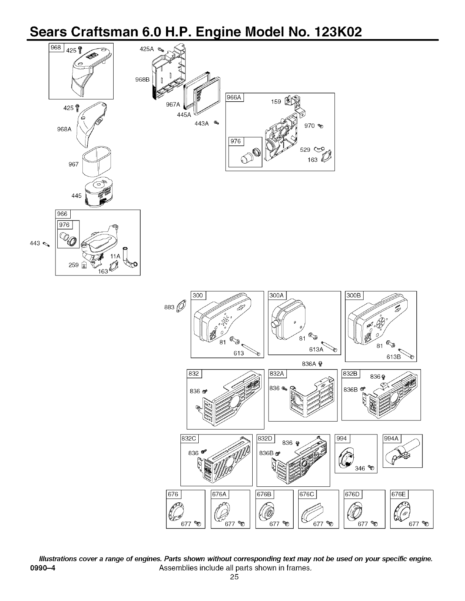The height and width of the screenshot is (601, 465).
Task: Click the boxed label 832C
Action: [189, 439]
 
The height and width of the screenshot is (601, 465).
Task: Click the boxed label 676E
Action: [399, 494]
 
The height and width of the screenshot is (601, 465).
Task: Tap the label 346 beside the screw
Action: [359, 469]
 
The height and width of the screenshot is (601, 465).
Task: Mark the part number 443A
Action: [202, 123]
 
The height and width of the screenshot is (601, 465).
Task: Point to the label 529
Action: [305, 150]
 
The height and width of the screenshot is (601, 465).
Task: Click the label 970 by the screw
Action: [310, 126]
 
